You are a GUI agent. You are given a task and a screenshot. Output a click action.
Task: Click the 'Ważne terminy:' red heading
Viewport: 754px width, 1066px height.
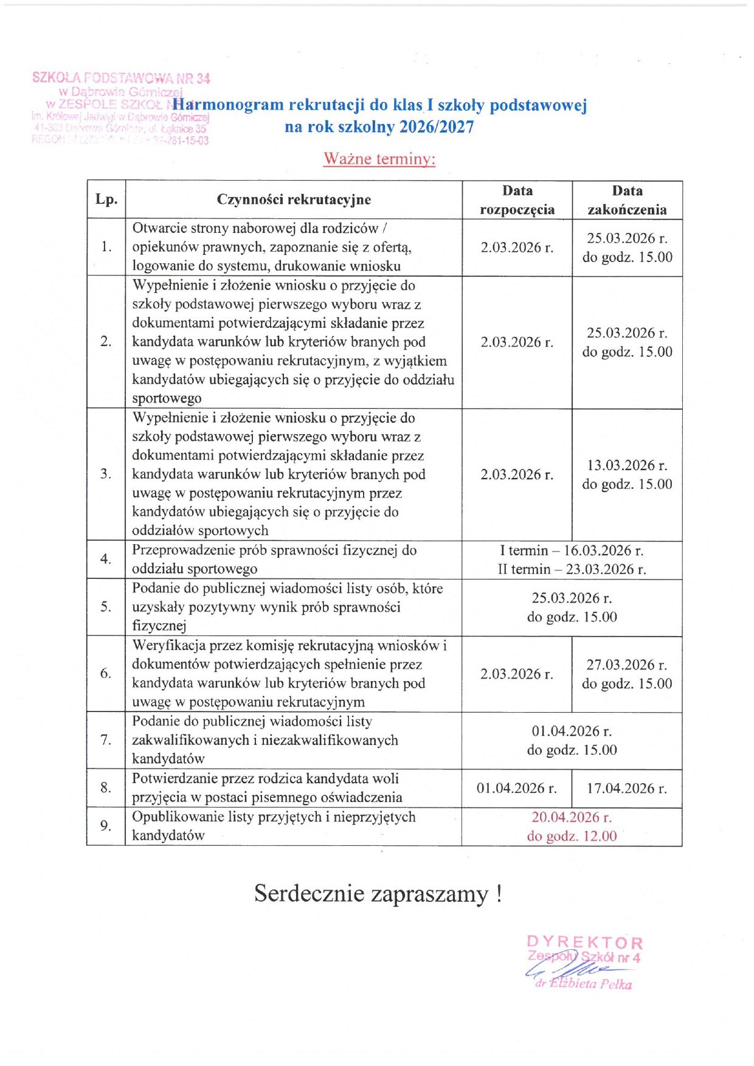(x=379, y=159)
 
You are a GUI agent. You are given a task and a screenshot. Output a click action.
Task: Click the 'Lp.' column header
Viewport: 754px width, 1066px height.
(x=106, y=199)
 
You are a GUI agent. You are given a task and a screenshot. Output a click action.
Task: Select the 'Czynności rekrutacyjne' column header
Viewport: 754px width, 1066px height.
(x=294, y=199)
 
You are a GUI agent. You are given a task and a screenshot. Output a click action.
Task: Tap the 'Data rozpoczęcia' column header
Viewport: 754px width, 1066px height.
(x=517, y=200)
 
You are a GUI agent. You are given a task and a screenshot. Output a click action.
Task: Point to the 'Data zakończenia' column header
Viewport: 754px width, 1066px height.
(x=627, y=200)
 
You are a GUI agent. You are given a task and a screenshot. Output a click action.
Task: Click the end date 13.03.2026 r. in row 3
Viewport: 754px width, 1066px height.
(x=627, y=465)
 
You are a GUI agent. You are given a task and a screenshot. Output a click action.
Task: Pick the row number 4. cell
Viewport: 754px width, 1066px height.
(x=106, y=559)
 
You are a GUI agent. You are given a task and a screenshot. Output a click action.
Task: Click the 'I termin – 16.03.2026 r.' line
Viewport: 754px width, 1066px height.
(x=572, y=550)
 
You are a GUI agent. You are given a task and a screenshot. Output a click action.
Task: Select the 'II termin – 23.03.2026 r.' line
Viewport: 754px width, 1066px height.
(x=572, y=569)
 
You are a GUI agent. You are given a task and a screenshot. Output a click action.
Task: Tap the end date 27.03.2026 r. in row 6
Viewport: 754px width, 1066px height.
(x=626, y=665)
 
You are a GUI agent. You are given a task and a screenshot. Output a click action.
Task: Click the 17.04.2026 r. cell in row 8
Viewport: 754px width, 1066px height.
(x=626, y=788)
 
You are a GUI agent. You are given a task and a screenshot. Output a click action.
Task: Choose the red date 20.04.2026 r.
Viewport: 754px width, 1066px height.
(x=572, y=817)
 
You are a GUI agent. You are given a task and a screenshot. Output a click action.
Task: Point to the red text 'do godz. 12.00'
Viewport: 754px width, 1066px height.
(x=572, y=836)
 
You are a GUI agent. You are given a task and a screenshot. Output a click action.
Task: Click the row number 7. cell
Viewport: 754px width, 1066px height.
(x=106, y=740)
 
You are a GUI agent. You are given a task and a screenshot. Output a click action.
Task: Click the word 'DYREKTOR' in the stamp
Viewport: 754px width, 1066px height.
(x=584, y=943)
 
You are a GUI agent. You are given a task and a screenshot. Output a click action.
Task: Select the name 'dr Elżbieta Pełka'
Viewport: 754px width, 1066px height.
(x=584, y=984)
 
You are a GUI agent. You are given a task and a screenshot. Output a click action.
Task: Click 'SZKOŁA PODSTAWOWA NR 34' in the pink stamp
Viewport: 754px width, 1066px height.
(x=121, y=78)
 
